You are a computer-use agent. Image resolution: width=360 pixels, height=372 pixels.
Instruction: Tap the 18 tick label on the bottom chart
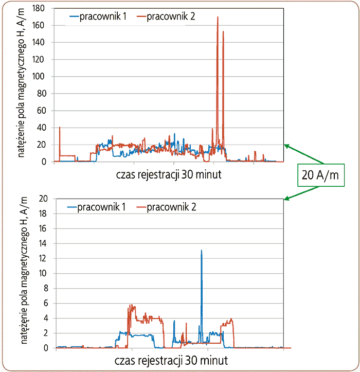pos(46,214)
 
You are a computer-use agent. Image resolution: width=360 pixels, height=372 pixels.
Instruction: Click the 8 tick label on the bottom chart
pos(48,288)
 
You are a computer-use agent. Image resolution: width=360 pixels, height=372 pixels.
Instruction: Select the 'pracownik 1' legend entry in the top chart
pos(99,16)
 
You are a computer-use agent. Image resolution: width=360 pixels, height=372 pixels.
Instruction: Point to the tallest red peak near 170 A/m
pos(218,18)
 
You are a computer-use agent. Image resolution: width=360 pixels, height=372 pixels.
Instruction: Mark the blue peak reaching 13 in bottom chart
pos(201,251)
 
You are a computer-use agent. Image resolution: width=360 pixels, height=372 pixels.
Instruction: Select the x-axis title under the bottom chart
pos(168,359)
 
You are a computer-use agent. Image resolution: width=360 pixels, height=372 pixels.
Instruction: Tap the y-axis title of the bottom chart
pos(24,273)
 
